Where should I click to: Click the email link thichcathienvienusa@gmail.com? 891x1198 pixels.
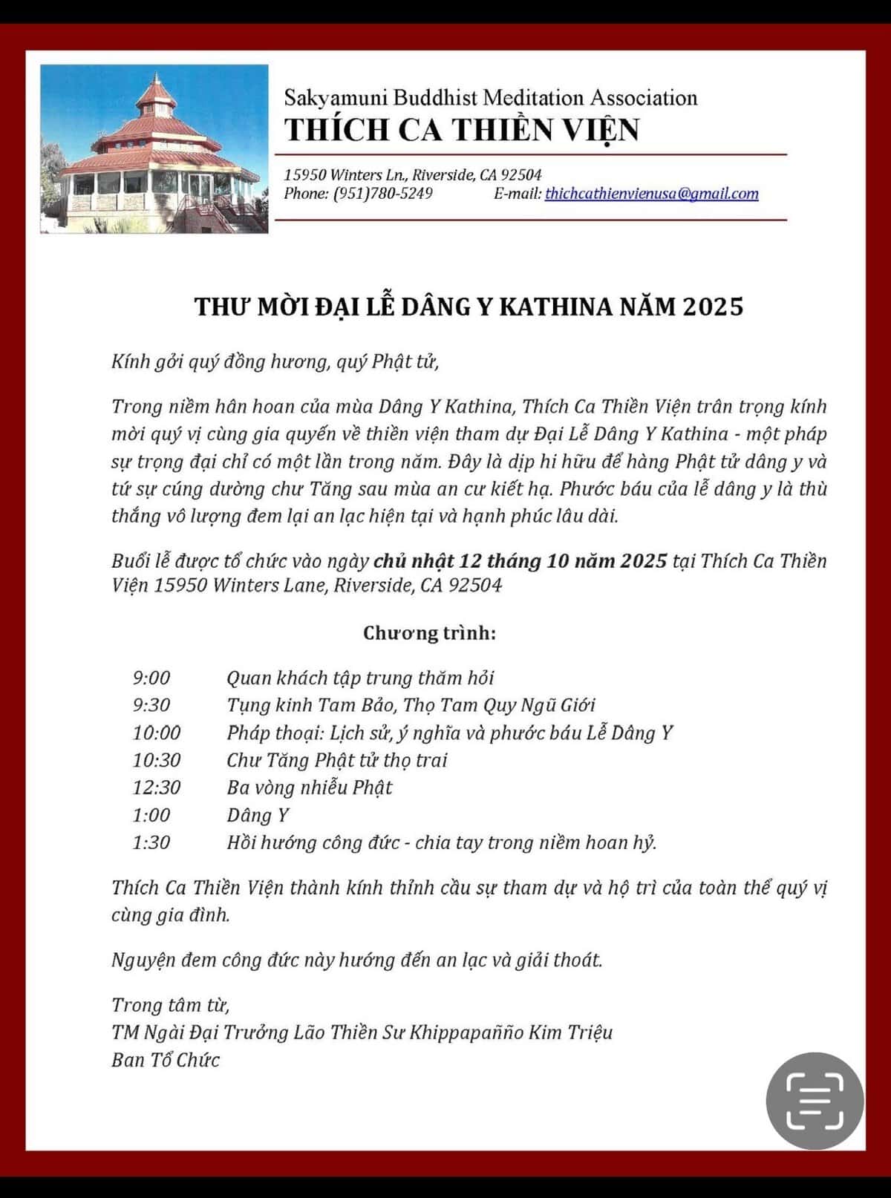point(651,194)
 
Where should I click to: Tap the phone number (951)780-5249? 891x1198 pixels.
point(382,194)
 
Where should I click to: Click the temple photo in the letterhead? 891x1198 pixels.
point(154,149)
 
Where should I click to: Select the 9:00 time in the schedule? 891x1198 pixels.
point(151,678)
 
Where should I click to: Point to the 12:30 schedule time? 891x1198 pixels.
point(157,788)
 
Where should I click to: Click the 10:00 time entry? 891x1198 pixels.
point(157,733)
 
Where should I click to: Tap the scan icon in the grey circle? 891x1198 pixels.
point(815,1101)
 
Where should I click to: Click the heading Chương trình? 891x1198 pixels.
point(429,633)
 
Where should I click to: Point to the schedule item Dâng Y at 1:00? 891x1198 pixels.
point(258,815)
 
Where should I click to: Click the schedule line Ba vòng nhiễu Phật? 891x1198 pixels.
point(310,788)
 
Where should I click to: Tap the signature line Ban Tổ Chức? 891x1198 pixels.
point(166,1060)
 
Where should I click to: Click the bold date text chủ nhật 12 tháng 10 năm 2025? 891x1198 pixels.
point(520,560)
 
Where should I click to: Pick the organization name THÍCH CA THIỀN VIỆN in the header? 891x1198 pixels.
point(461,130)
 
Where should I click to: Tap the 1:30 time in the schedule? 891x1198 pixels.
point(151,842)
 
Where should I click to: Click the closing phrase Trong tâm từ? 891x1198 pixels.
point(171,1005)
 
